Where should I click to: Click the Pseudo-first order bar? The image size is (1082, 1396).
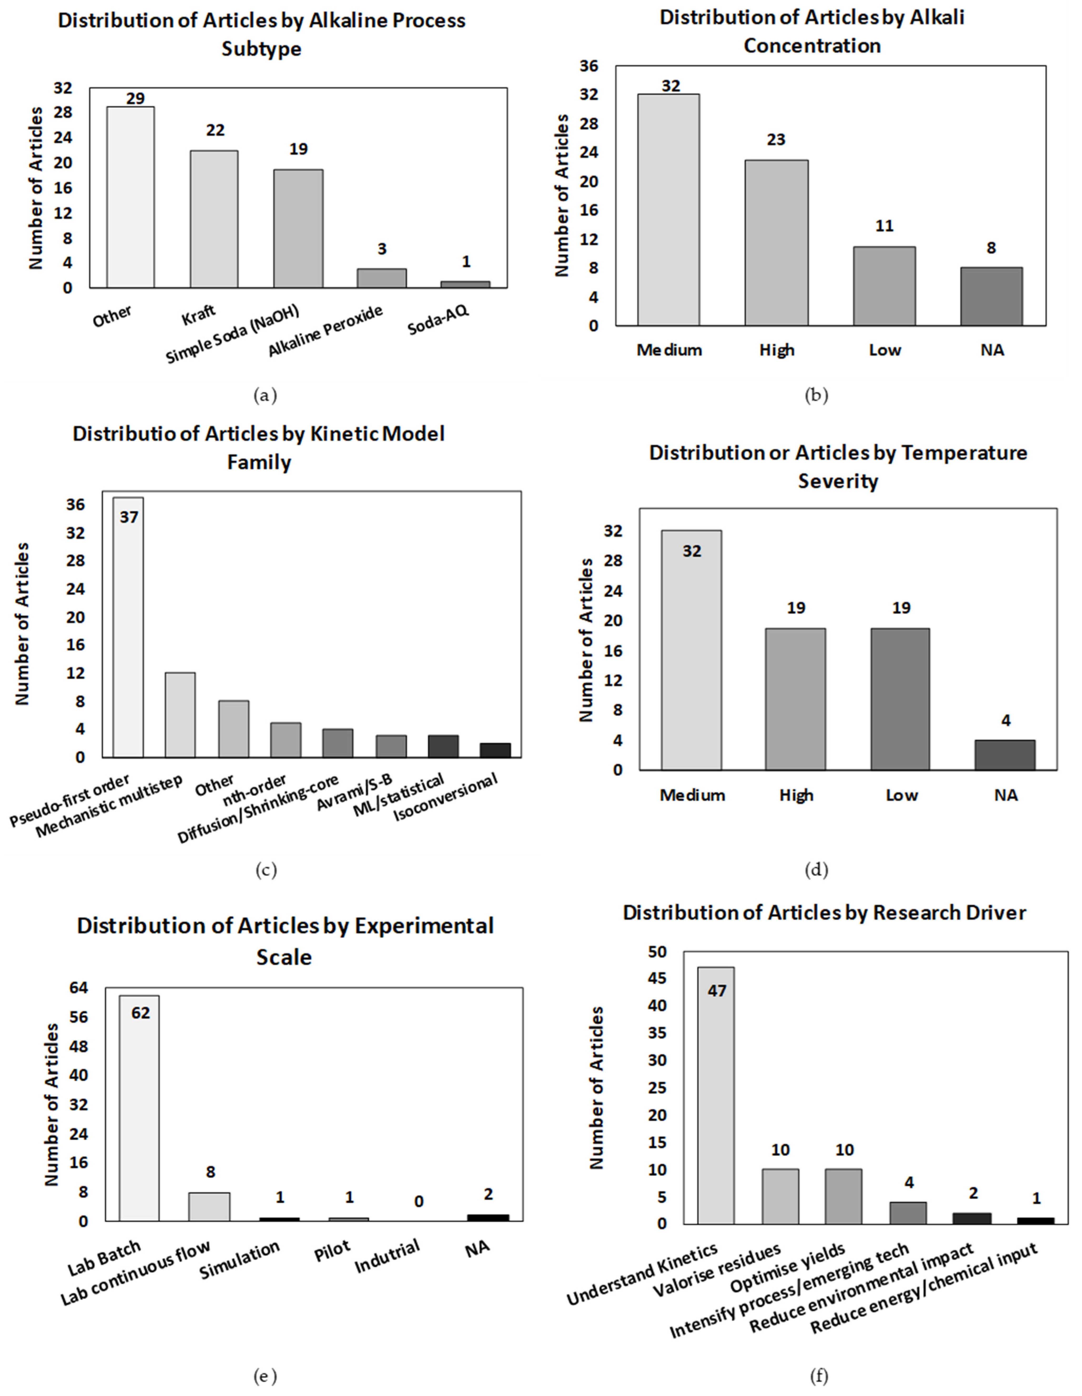[x=129, y=626]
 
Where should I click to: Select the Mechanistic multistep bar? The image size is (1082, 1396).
[x=180, y=715]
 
